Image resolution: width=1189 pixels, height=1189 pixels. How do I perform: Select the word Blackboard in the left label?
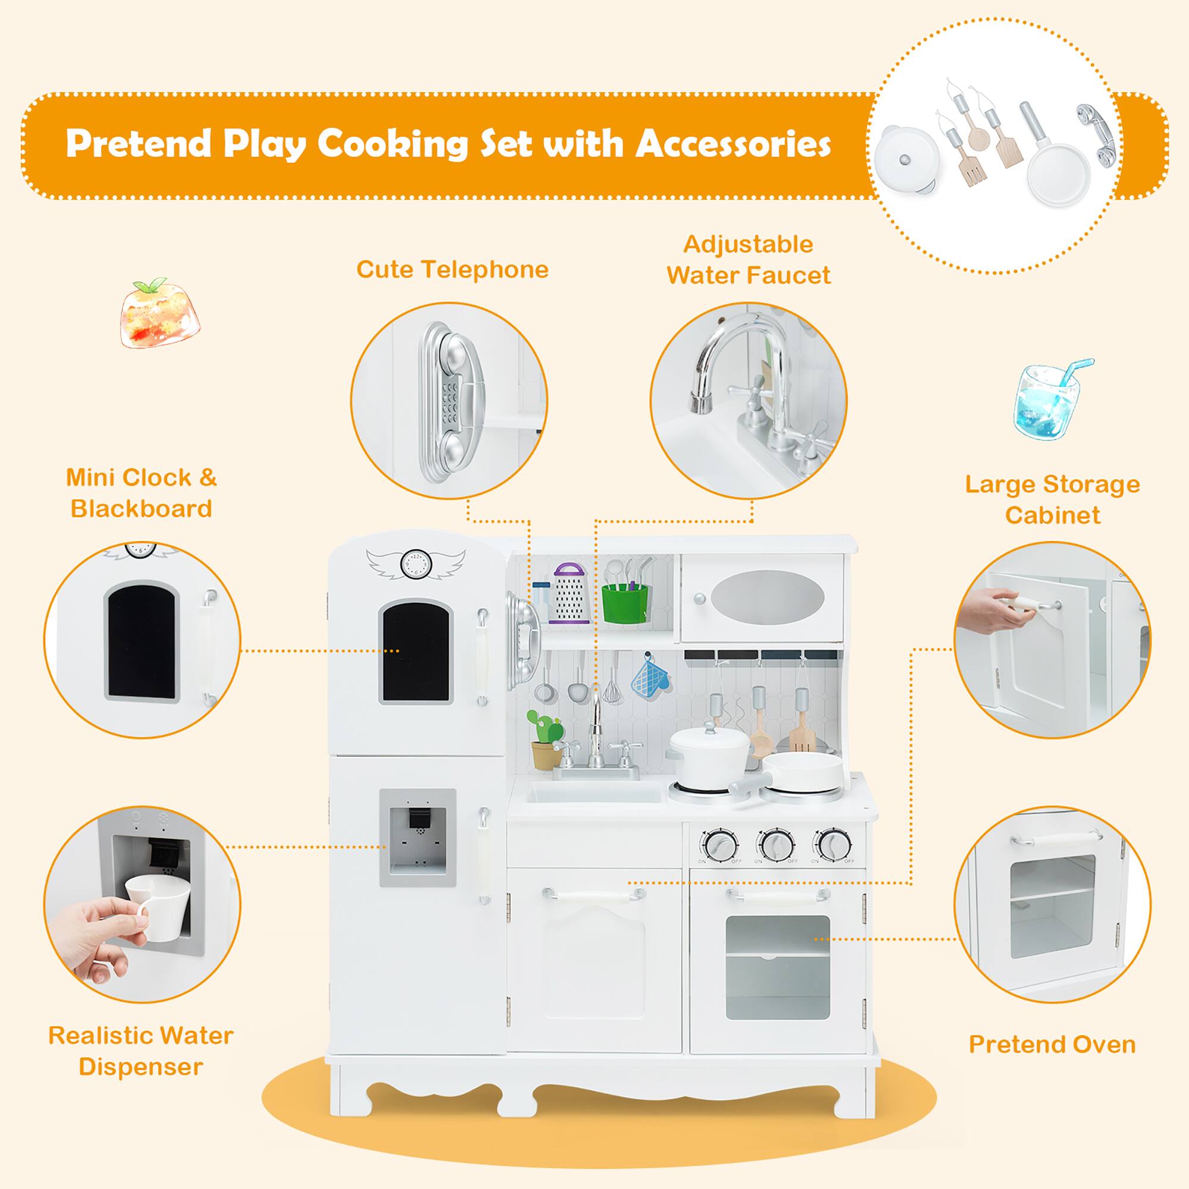coord(141,508)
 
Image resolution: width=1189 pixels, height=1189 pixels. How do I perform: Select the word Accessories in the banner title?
coord(732,144)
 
